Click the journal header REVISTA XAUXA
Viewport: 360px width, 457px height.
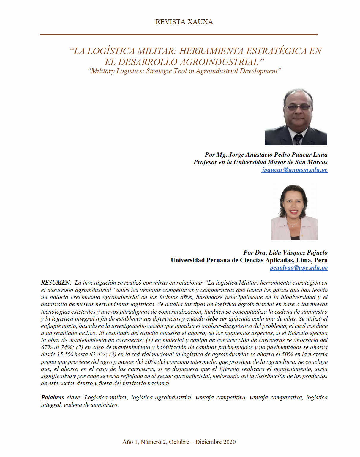184,22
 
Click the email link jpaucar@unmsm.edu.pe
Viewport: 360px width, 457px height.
294,169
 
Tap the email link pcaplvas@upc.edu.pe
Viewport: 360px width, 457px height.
298,268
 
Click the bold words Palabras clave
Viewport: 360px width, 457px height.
60,397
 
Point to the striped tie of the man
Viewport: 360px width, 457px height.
298,139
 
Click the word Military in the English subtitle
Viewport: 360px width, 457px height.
102,71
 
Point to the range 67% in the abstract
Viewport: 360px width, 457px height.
47,347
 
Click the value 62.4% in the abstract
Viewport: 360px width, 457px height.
98,354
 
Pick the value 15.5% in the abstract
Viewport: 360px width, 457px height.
65,354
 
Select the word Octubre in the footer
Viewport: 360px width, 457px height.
179,442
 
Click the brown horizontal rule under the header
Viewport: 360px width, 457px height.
179,35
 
